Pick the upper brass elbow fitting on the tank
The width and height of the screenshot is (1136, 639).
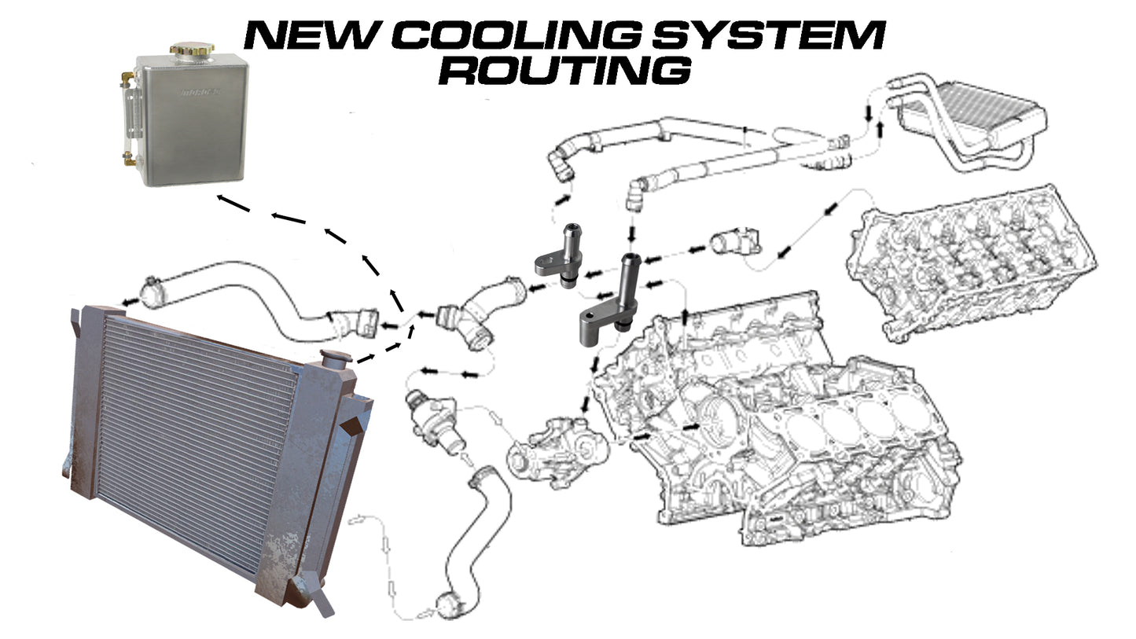pyautogui.click(x=126, y=79)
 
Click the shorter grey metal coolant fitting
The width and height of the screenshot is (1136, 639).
pyautogui.click(x=560, y=253)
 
